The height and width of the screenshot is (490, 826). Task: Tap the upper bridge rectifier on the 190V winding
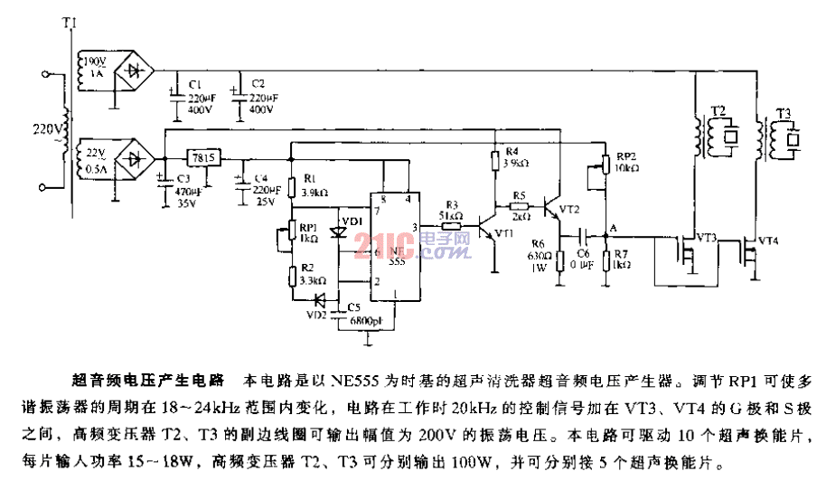tap(135, 69)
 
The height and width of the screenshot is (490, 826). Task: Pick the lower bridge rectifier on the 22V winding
tap(135, 159)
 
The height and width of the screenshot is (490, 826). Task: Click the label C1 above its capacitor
tap(195, 82)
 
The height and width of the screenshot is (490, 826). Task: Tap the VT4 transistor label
tap(767, 240)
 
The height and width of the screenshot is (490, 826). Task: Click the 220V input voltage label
tap(46, 128)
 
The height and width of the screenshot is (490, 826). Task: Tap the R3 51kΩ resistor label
tap(452, 210)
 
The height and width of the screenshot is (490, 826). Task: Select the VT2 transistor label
tap(569, 209)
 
